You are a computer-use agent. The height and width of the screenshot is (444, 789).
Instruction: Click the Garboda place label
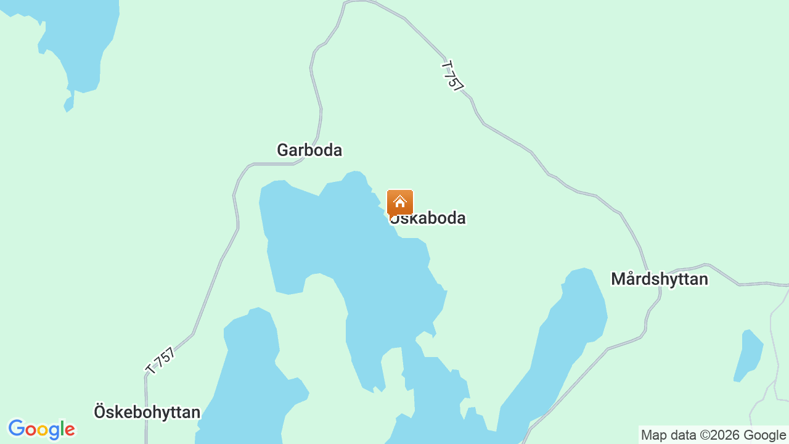(x=309, y=150)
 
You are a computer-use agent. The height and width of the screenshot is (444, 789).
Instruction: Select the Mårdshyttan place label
(x=659, y=279)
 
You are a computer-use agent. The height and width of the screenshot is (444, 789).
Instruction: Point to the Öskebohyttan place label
(x=147, y=412)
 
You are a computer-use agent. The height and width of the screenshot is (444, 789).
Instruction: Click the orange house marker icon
(x=399, y=203)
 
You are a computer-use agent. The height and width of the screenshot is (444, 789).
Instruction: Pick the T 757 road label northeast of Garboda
(x=452, y=76)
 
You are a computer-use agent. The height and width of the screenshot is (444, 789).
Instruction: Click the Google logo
(x=41, y=429)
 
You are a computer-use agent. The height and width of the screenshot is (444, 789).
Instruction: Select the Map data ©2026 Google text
(x=713, y=435)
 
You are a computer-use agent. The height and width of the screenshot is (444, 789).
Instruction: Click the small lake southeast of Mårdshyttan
(x=748, y=355)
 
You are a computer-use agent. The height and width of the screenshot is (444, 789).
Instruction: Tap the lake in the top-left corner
(x=80, y=43)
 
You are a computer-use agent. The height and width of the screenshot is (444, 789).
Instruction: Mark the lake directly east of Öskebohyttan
(x=250, y=376)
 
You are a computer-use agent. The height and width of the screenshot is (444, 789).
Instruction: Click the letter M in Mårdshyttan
(x=618, y=279)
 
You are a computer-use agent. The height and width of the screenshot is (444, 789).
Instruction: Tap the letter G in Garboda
(x=283, y=150)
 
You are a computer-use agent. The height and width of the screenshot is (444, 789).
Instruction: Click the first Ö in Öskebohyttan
(x=100, y=411)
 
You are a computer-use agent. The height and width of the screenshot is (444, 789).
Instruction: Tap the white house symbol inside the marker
(x=399, y=202)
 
